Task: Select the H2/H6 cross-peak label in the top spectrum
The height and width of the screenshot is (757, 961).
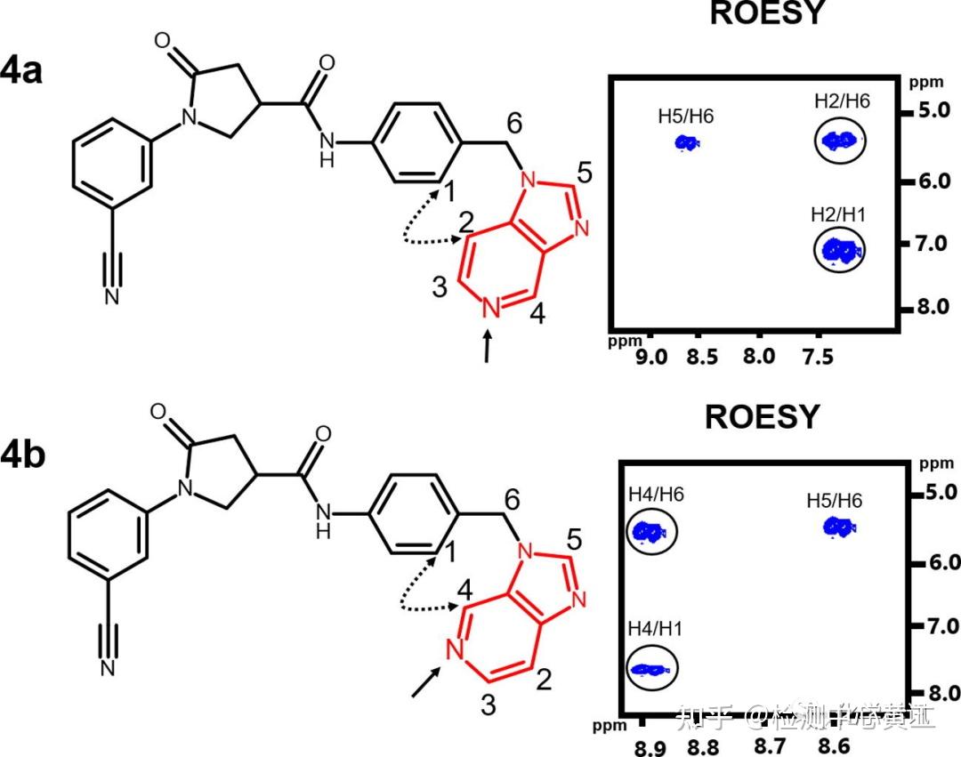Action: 841,101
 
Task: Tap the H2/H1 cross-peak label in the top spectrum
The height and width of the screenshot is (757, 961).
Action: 838,214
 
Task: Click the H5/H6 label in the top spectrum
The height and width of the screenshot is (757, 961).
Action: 685,116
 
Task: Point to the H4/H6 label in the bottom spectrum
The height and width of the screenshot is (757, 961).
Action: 655,495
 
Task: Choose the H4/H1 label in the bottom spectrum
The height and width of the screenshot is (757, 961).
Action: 655,629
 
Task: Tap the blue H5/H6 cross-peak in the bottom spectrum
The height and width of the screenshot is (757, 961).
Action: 837,527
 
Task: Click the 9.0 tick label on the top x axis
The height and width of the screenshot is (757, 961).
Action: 650,358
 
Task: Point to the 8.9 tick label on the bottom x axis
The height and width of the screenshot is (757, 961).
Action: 649,747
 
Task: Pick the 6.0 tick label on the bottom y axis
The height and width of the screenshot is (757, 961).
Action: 941,562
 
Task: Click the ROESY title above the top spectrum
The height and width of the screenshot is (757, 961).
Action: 767,14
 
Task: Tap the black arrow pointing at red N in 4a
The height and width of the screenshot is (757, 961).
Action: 487,348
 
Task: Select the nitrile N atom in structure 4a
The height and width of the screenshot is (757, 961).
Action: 112,296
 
